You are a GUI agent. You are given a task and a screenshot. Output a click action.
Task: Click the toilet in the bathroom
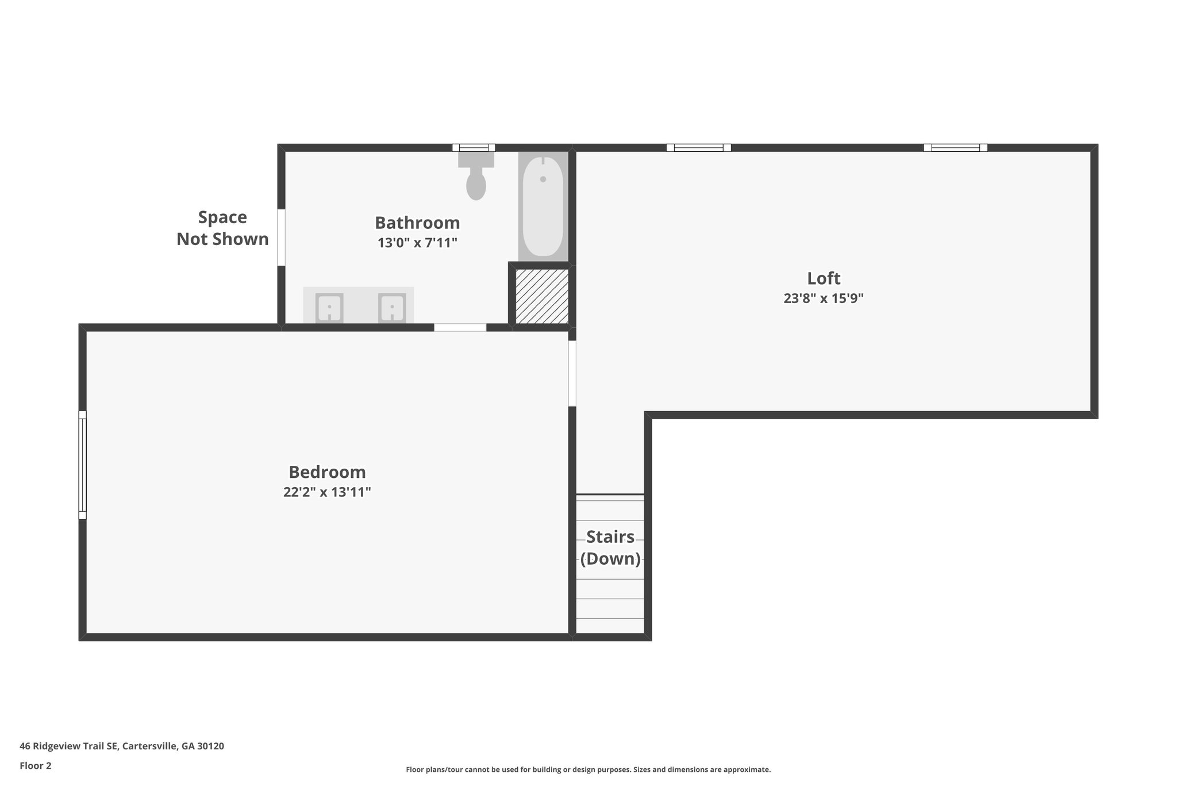476,176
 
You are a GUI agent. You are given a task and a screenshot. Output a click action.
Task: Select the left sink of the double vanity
329,308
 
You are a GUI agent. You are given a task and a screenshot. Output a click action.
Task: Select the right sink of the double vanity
392,308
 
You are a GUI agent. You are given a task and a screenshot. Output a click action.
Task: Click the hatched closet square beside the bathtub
542,296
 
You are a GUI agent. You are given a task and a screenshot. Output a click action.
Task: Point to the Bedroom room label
327,472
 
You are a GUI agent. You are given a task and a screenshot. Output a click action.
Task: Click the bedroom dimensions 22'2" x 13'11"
327,492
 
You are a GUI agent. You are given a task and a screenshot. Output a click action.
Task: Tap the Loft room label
824,278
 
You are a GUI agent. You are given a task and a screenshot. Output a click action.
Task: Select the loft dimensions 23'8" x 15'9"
824,298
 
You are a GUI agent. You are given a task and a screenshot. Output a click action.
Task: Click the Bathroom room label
417,223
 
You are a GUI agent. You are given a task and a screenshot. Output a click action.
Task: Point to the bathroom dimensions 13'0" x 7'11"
417,243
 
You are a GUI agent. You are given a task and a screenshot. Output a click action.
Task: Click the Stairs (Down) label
610,547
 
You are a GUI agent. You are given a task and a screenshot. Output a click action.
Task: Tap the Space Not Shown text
222,228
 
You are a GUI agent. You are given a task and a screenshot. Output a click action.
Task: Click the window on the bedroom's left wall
83,465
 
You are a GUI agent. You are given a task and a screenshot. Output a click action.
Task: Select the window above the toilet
474,148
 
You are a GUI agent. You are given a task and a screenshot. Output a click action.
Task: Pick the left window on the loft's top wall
698,148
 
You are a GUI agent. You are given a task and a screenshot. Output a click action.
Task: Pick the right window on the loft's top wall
955,148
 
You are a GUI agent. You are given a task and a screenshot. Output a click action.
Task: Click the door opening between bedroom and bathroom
460,328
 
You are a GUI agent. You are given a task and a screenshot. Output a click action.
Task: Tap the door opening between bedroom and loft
572,373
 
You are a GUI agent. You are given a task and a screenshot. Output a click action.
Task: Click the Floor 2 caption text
36,765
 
